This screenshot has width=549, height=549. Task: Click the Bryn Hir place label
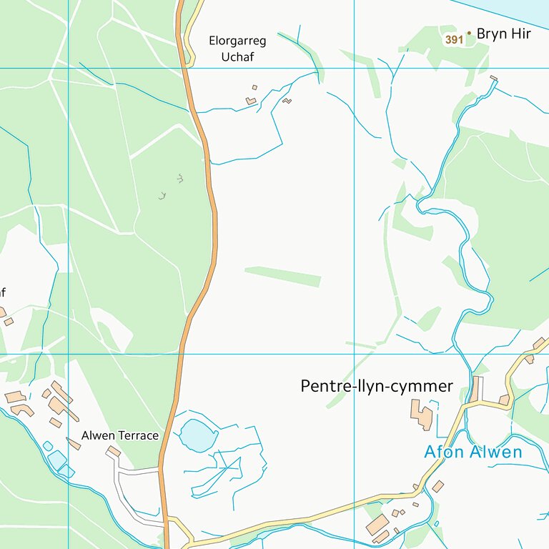point(503,34)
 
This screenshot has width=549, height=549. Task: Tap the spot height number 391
point(454,40)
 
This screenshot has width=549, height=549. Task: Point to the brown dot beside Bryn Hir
point(469,33)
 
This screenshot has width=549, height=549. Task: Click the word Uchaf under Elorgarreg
point(238,57)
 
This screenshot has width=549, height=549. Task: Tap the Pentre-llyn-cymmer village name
point(377,387)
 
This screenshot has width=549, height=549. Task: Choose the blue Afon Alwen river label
point(473,452)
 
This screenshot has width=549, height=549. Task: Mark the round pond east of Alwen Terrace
point(196,435)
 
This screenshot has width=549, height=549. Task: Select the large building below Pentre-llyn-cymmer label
point(422,414)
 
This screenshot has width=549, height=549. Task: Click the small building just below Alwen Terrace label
point(113,451)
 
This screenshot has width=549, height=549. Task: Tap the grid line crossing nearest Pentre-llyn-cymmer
point(354,353)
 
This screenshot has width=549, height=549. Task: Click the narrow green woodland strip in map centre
point(283,276)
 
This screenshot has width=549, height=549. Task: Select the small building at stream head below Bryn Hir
point(493,78)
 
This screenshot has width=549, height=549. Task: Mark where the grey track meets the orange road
point(160,470)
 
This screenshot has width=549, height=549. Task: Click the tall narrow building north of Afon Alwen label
point(475,389)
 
